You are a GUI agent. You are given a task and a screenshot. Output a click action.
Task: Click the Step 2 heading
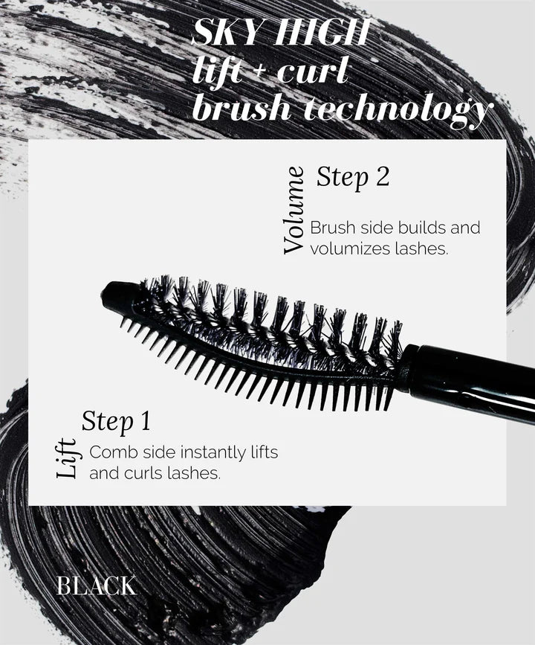[x=352, y=178]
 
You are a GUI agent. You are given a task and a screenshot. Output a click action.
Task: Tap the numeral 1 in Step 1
[x=145, y=421]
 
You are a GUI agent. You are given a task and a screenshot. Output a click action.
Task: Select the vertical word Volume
[x=294, y=210]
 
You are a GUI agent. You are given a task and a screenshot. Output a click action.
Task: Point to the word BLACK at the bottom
[x=96, y=585]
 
